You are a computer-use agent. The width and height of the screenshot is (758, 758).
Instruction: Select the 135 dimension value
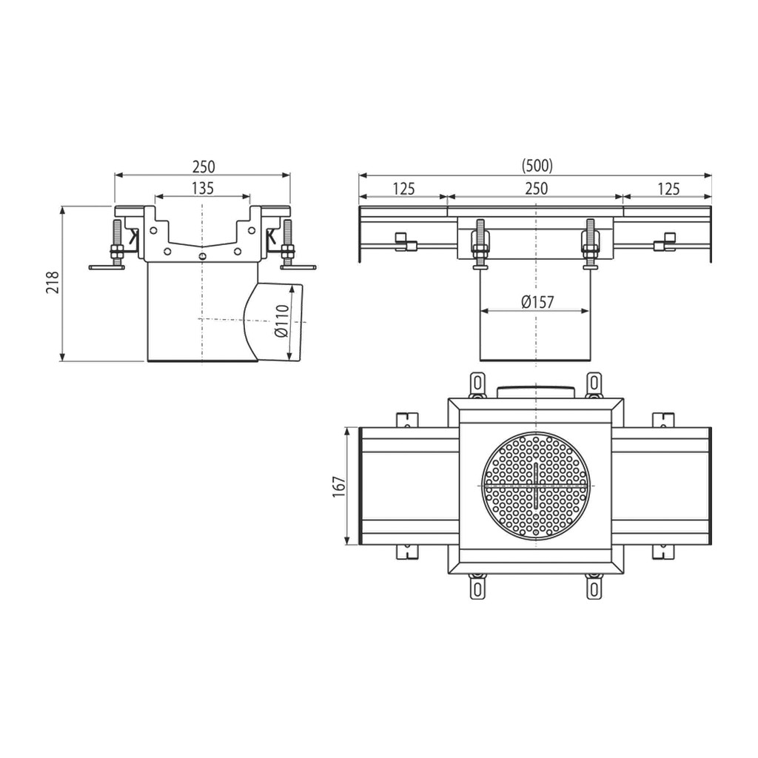point(203,188)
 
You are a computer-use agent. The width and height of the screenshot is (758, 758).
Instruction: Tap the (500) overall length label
point(537,166)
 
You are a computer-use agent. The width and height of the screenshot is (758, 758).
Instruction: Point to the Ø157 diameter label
point(537,303)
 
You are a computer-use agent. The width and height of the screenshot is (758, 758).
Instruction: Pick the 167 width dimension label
point(339,486)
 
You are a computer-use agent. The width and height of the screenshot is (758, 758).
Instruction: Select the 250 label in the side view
point(204,167)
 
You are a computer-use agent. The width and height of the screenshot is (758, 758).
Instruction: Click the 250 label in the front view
point(537,189)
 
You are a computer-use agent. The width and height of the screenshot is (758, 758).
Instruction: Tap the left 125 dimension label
point(404,189)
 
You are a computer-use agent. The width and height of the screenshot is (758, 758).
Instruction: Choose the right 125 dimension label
point(668,189)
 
